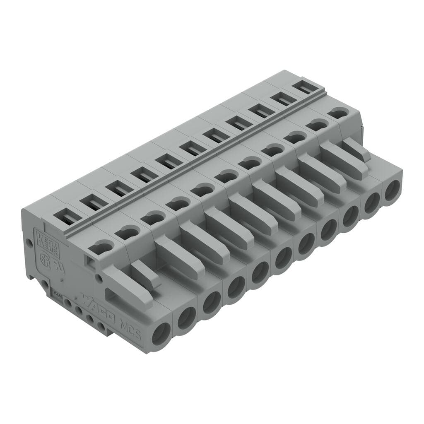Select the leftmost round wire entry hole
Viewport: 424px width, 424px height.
pyautogui.click(x=161, y=334)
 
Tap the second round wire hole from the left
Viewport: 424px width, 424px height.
pyautogui.click(x=187, y=318)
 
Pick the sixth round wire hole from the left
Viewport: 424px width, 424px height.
pyautogui.click(x=283, y=258)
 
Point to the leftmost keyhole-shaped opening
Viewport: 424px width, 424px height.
pyautogui.click(x=101, y=248)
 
